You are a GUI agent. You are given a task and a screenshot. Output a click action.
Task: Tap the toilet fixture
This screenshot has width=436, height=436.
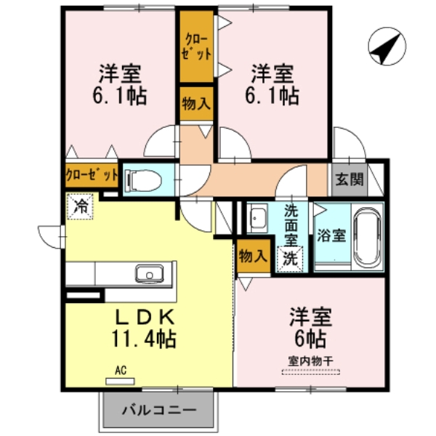[142, 179]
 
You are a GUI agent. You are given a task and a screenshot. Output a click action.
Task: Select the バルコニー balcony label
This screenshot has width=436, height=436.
[160, 410]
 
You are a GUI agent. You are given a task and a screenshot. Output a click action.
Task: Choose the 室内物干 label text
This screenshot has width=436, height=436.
[311, 360]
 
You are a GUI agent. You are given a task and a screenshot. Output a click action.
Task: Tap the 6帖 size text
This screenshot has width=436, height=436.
[311, 337]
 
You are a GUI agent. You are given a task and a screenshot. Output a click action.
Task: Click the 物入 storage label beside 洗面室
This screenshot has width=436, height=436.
[252, 256]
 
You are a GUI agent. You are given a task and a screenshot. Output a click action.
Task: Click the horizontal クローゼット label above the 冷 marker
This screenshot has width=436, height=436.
[92, 174]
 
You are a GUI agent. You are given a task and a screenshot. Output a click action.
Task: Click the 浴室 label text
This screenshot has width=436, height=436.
[332, 235]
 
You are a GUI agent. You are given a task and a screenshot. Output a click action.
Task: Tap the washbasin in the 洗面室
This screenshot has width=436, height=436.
[259, 217]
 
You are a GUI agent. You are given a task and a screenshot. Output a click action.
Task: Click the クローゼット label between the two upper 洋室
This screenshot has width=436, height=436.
[197, 45]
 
